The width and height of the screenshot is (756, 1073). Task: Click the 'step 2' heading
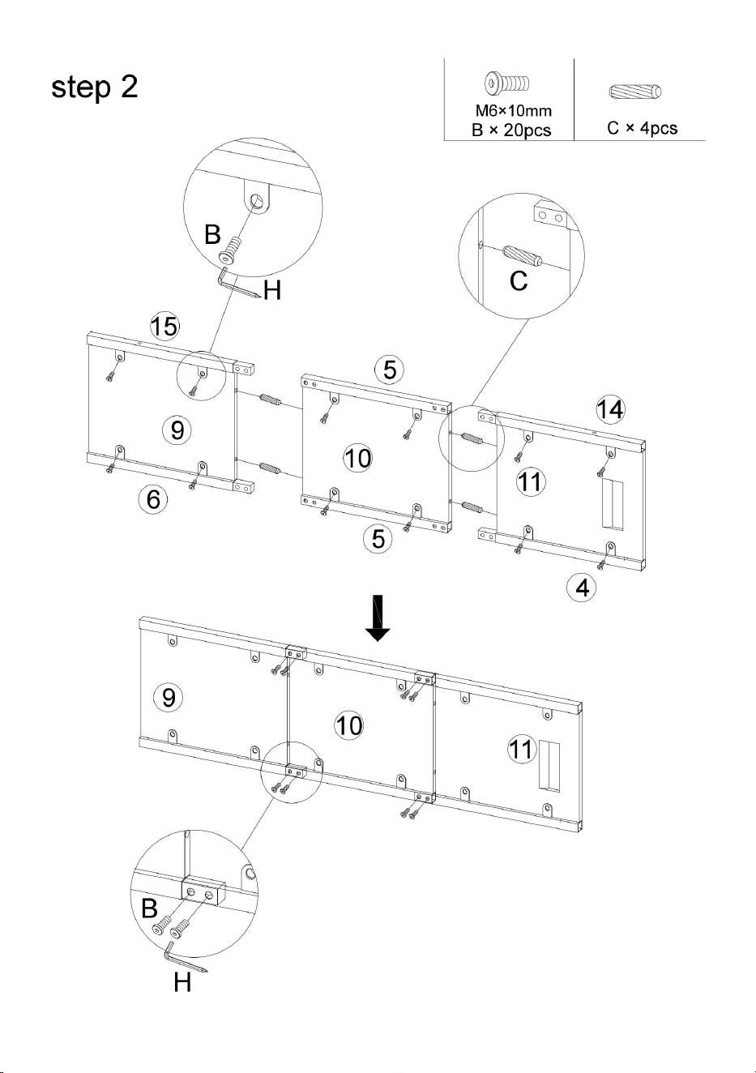(94, 88)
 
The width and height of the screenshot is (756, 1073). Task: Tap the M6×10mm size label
(513, 111)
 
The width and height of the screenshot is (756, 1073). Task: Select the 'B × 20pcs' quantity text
(511, 130)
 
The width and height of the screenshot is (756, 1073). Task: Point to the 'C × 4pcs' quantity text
(642, 128)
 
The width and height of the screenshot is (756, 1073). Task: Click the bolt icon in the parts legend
(507, 83)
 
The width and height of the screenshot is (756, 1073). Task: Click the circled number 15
(164, 327)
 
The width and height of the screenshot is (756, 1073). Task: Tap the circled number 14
(610, 409)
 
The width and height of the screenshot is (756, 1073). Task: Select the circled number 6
(153, 499)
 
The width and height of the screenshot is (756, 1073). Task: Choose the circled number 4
(582, 588)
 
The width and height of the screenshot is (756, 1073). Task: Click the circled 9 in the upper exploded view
(177, 430)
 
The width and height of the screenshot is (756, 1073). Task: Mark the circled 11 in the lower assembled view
(521, 749)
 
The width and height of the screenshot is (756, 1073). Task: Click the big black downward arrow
(378, 618)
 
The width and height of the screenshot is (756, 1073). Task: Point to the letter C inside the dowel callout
(519, 280)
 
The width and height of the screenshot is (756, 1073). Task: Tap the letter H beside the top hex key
(271, 290)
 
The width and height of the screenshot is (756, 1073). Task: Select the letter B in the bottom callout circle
(149, 908)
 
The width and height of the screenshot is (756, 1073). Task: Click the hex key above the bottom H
(185, 958)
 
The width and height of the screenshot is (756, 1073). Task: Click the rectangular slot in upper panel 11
(613, 505)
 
